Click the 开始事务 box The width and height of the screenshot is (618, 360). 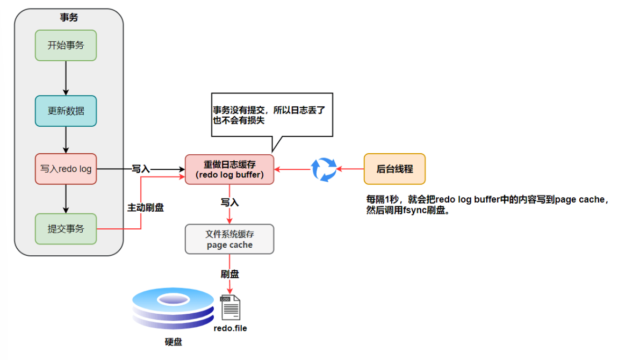[x=66, y=45]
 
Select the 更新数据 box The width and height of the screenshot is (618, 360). [x=66, y=111]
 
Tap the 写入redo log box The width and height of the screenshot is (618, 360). [x=66, y=169]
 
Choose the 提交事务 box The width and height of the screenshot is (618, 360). [x=66, y=229]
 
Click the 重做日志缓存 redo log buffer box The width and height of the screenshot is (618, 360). [x=229, y=169]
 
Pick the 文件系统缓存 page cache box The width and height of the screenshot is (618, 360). [x=229, y=239]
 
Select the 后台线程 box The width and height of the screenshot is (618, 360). [x=394, y=169]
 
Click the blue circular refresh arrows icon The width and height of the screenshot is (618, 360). [x=325, y=169]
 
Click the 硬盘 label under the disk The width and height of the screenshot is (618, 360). [x=173, y=342]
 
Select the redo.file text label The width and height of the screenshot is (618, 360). [x=230, y=328]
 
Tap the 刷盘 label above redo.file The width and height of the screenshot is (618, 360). [x=229, y=274]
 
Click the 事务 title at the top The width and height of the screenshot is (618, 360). [x=69, y=17]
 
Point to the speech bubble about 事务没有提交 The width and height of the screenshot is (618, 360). [x=271, y=116]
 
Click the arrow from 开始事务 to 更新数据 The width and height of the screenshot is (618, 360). [x=66, y=78]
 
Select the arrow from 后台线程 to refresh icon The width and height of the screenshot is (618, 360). [x=350, y=169]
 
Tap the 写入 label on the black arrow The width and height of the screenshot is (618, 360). [x=141, y=169]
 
